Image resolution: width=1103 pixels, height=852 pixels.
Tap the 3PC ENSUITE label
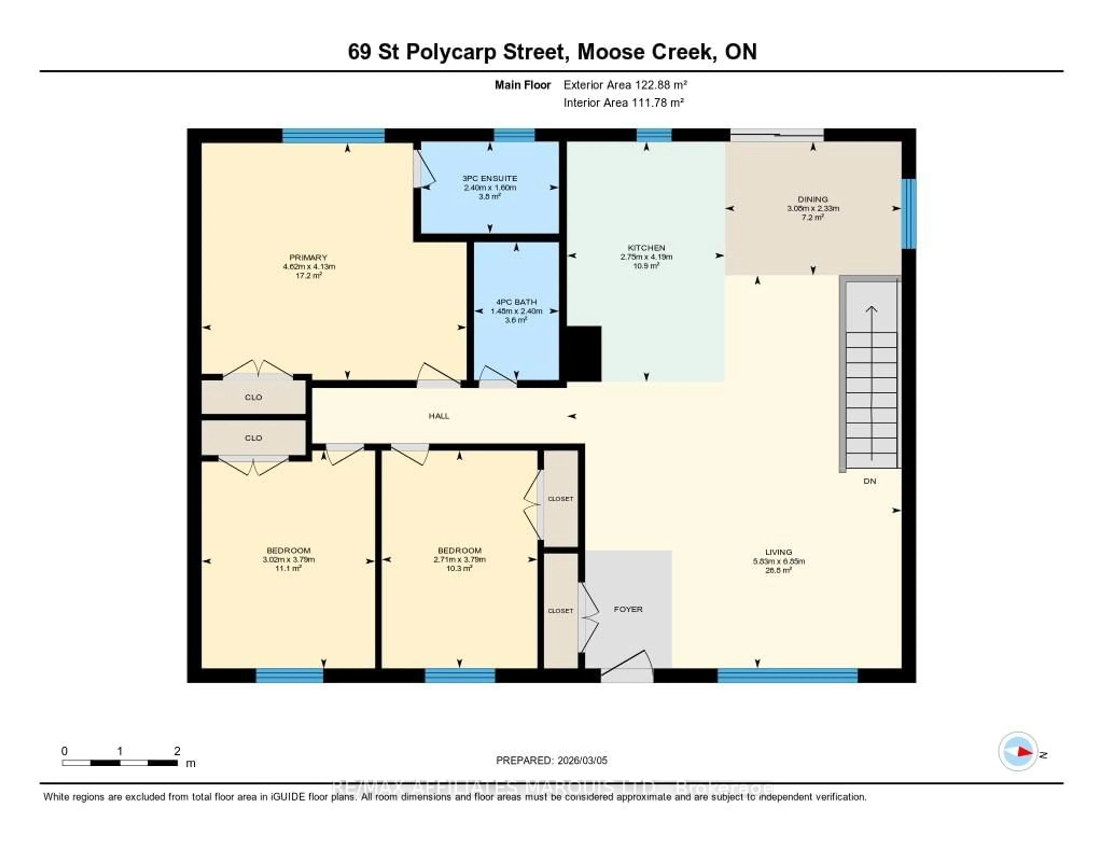tap(489, 178)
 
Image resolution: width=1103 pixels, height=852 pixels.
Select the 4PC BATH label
tap(516, 302)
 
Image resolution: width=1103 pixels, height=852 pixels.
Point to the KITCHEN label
tap(646, 247)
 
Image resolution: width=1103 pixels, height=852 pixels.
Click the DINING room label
tap(813, 199)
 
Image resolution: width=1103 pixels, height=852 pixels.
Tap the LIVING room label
tap(778, 552)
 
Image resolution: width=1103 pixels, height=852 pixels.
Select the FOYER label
tap(628, 609)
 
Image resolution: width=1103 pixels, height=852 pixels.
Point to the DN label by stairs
tap(869, 481)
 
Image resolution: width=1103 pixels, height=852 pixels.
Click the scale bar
tap(120, 763)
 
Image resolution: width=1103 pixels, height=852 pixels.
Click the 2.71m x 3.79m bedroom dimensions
tap(459, 560)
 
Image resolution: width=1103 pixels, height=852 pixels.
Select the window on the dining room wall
tap(908, 213)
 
